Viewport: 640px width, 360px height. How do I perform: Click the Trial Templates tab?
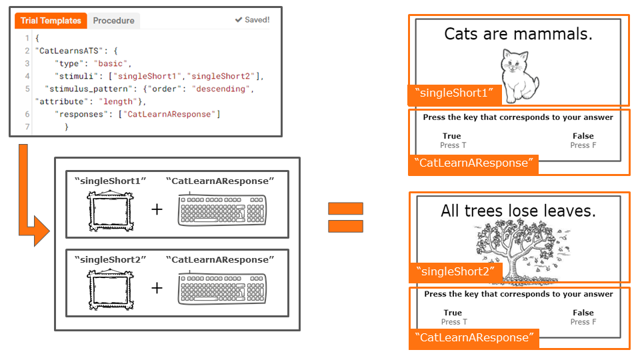coord(51,21)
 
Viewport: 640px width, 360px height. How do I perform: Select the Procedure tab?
coord(113,21)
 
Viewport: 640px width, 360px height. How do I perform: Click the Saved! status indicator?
coord(252,20)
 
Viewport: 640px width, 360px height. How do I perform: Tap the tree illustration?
coord(519,251)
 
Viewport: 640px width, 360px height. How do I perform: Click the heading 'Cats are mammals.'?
coord(518,34)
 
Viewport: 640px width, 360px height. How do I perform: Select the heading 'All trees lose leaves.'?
coord(518,211)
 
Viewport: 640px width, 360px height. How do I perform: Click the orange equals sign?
coord(345,217)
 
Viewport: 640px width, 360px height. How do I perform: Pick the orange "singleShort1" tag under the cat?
coord(454,93)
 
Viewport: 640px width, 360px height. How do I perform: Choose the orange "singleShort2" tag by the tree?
coord(454,271)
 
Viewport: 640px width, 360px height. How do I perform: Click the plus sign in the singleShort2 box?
coord(157,287)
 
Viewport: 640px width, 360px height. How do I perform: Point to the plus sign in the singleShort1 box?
coord(157,209)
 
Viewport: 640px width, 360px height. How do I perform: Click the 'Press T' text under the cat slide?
coord(453,145)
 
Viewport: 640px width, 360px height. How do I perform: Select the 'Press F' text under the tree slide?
coord(583,322)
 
